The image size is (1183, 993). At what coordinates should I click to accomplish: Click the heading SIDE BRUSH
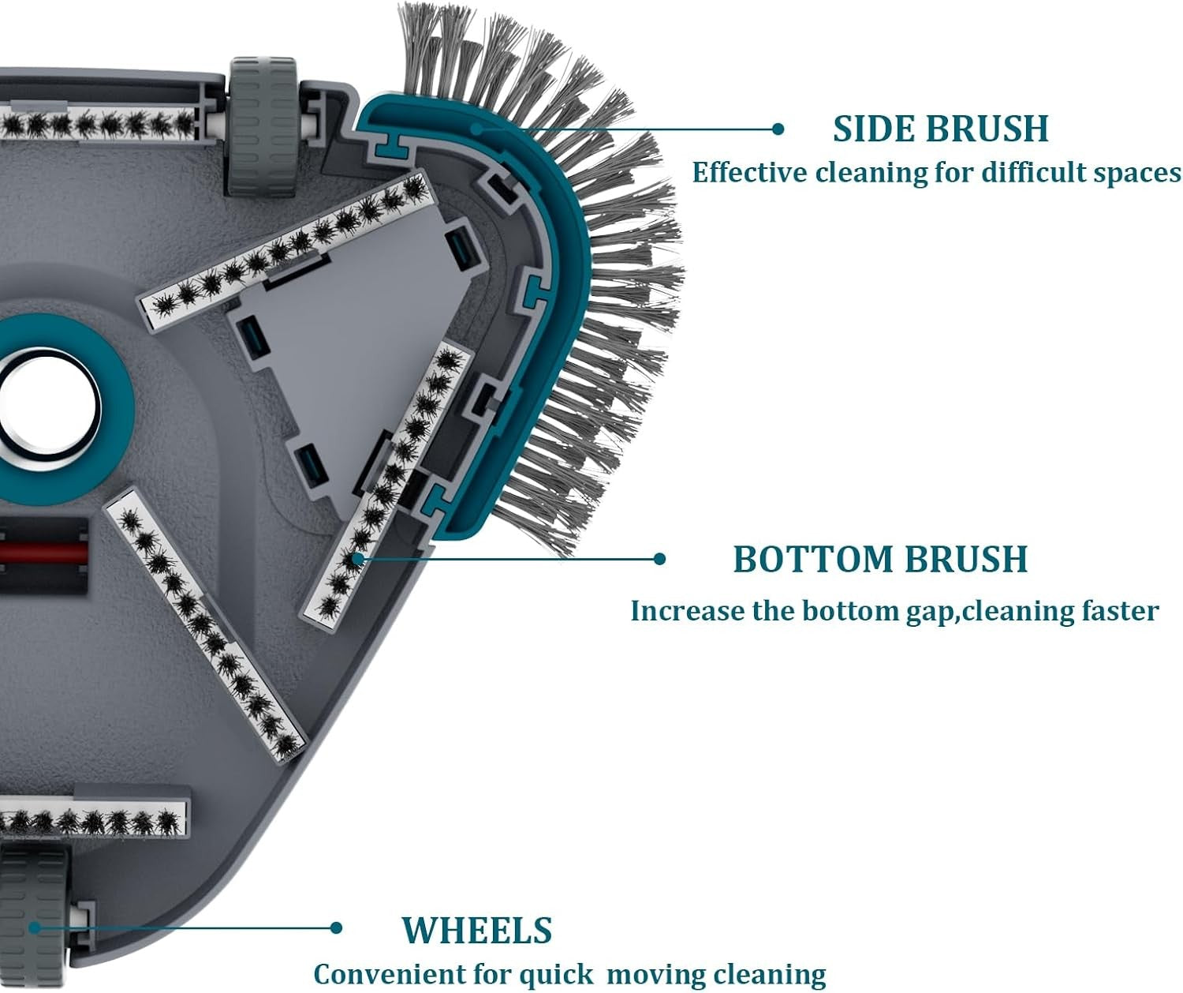940,129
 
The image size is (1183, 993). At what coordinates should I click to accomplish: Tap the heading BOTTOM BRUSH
880,559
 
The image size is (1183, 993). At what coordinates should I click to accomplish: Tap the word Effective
749,172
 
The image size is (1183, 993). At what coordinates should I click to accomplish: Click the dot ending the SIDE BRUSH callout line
778,129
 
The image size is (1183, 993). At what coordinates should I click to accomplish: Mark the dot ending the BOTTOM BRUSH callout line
659,559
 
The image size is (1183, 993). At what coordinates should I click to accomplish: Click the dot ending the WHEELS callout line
336,927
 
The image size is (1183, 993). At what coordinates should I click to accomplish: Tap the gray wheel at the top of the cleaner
263,126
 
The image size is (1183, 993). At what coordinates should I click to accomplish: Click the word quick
556,974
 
